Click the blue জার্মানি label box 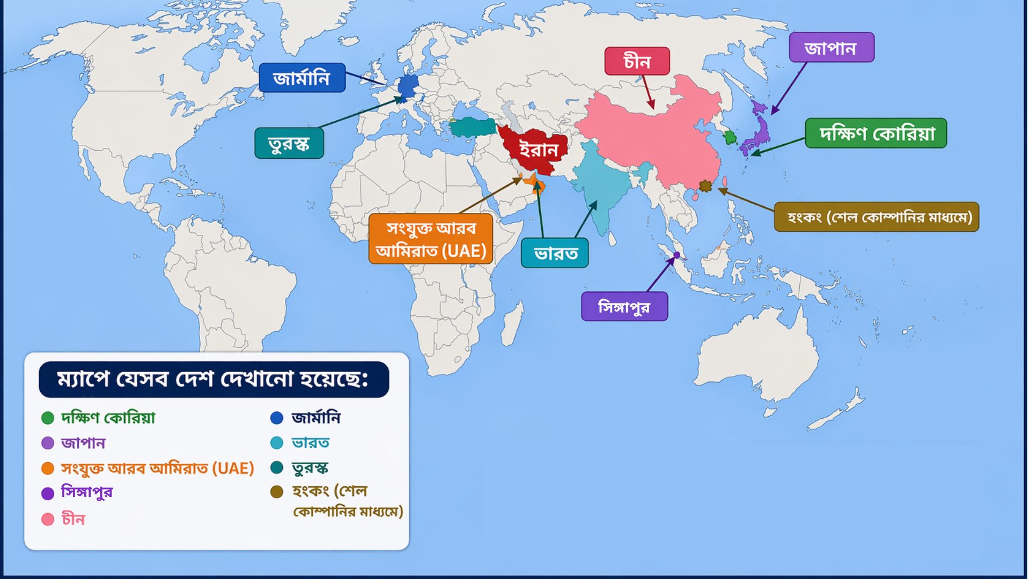301,78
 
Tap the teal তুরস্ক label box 289,144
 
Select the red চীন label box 637,62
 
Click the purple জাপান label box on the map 831,48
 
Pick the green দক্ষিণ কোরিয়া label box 876,133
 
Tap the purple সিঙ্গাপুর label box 624,307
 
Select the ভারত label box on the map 555,253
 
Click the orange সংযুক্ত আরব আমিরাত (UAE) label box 431,239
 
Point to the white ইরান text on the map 538,150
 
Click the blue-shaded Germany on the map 408,85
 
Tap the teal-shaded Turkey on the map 472,127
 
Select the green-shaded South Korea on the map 730,137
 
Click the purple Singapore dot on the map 677,255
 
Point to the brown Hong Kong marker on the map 705,186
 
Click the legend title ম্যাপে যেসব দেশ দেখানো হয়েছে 214,380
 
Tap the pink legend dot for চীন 48,519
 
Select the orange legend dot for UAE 48,469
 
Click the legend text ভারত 310,443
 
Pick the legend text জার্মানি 315,418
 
